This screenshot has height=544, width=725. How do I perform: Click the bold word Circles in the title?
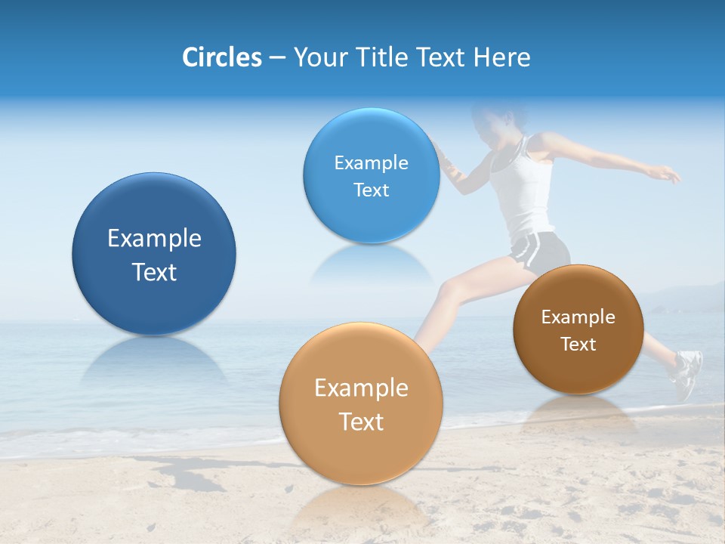[x=221, y=57]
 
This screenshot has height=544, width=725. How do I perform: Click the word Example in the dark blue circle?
[x=154, y=239]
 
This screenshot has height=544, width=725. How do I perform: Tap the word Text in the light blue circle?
[x=371, y=190]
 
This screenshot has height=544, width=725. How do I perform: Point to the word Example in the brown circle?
[x=578, y=317]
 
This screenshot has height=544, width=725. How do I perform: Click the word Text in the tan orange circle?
[x=361, y=422]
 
